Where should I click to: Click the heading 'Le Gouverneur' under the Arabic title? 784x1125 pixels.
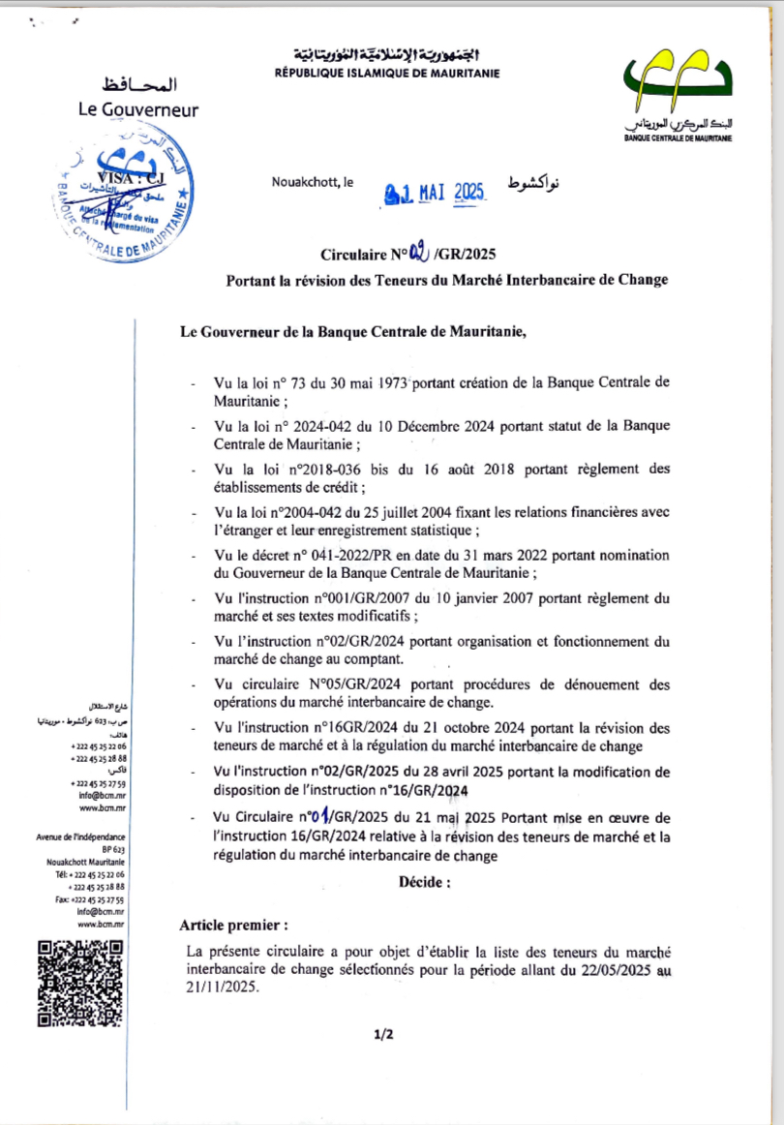[138, 109]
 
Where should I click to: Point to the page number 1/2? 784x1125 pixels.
[383, 1035]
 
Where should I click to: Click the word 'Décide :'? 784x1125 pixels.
[424, 882]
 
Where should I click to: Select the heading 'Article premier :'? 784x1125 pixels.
[233, 925]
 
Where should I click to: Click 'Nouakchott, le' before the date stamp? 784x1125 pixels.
[314, 182]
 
